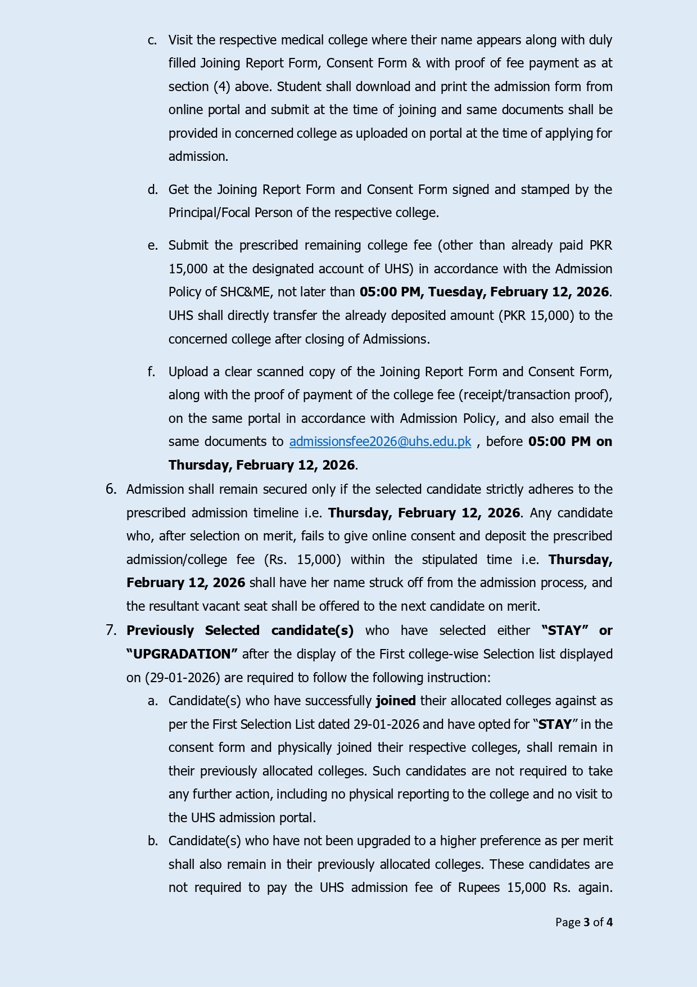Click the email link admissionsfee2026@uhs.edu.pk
(x=380, y=442)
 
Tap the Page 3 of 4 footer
(x=583, y=922)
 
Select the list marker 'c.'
(x=152, y=40)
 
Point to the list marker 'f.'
(x=151, y=372)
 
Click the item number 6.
(x=111, y=489)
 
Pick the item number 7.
(x=111, y=630)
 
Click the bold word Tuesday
(x=456, y=292)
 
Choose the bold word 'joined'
(x=396, y=701)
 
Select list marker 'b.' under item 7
(x=152, y=841)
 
